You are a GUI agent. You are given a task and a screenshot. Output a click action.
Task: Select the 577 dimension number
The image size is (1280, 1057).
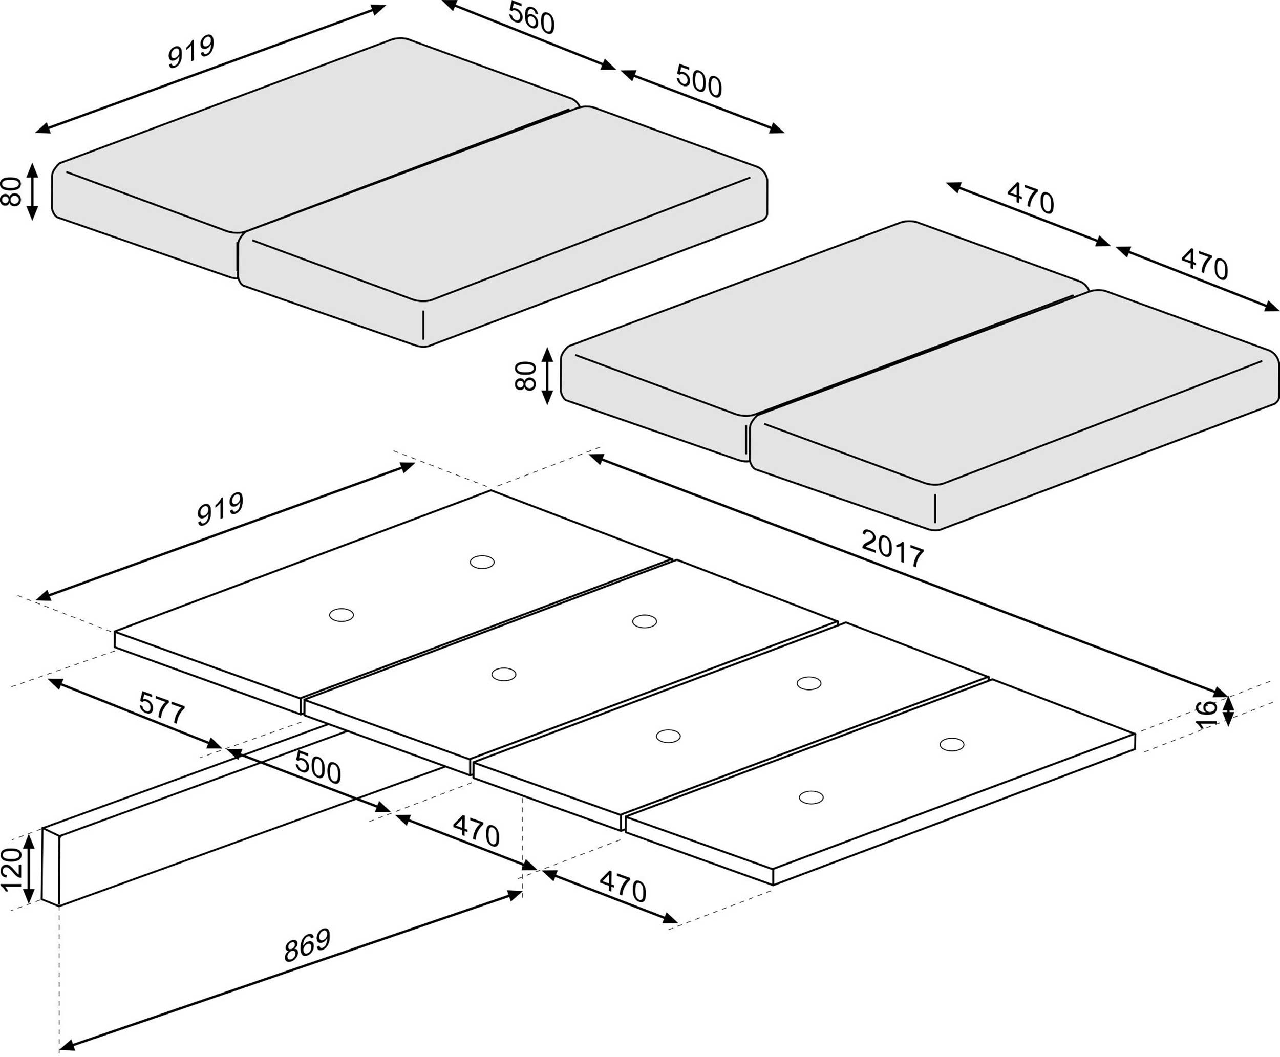coord(161,708)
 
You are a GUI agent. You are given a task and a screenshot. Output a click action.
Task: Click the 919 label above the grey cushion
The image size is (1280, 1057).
coord(191,52)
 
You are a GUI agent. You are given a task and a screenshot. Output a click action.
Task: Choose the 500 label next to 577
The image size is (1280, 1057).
coord(317,767)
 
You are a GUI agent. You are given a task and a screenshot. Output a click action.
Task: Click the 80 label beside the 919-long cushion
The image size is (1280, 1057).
coord(12,191)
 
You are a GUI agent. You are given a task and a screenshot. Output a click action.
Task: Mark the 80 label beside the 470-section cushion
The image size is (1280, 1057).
coord(525,376)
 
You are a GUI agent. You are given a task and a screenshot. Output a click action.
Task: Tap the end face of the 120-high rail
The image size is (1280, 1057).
coord(51,867)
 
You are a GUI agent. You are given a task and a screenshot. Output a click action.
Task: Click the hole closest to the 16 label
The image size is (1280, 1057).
coord(951,744)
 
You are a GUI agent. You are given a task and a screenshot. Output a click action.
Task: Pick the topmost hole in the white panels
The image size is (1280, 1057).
coord(482,562)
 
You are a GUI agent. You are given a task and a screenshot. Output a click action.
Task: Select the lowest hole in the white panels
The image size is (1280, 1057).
coord(810,797)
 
